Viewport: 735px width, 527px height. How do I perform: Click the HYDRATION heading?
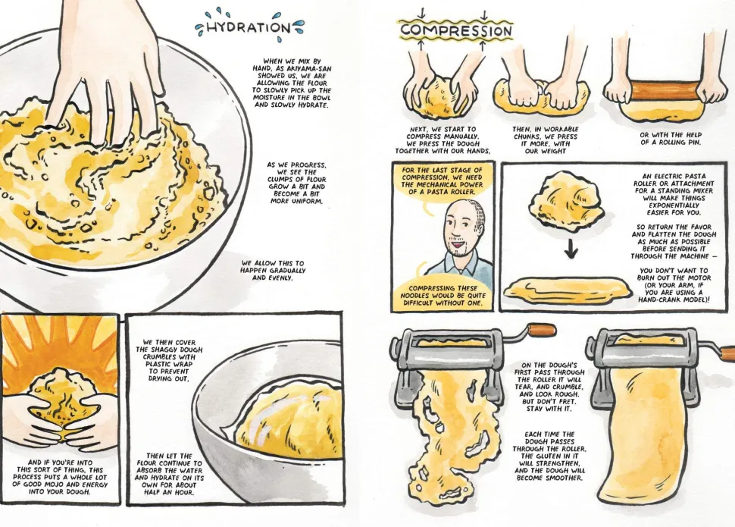click(249, 27)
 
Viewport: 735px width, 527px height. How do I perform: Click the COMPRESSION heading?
click(456, 30)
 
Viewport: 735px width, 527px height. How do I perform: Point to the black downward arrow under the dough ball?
click(571, 247)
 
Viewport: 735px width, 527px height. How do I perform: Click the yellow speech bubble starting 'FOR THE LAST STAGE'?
click(442, 180)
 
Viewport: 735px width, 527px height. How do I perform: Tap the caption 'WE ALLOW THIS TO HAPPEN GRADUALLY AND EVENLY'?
click(272, 270)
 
